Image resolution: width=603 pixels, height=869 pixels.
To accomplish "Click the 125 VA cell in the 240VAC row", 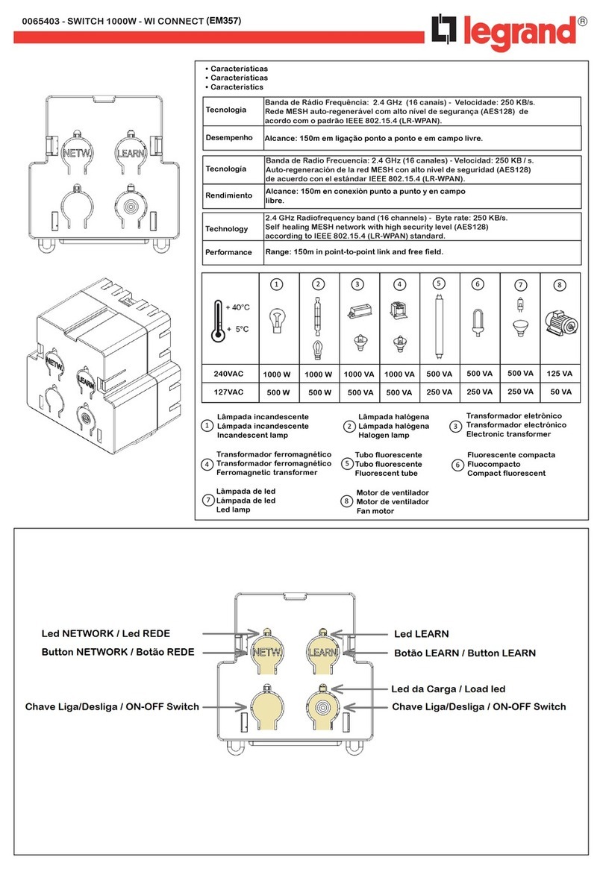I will pos(560,373).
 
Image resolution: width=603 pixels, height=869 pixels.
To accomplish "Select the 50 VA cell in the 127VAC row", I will pos(560,392).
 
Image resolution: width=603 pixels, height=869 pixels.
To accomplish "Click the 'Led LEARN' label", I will pos(421,634).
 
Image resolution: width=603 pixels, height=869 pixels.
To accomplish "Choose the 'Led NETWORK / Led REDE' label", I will pos(105,634).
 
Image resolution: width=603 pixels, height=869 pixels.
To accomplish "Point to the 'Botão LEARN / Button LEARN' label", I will pos(464,653).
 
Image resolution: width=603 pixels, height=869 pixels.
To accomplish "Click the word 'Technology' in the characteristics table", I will pos(227,229).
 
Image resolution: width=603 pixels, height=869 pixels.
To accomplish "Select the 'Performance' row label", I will pos(228,252).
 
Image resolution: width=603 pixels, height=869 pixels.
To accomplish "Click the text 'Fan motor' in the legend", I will pos(375,512).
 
